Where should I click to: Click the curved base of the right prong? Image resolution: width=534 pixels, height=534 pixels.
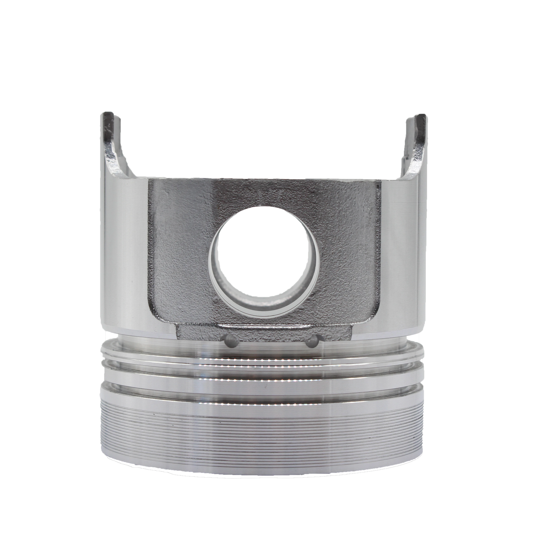(x=409, y=170)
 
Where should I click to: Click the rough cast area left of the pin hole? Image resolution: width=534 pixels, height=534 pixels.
(x=180, y=254)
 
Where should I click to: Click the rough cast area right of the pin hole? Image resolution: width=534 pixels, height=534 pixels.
(x=348, y=254)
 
